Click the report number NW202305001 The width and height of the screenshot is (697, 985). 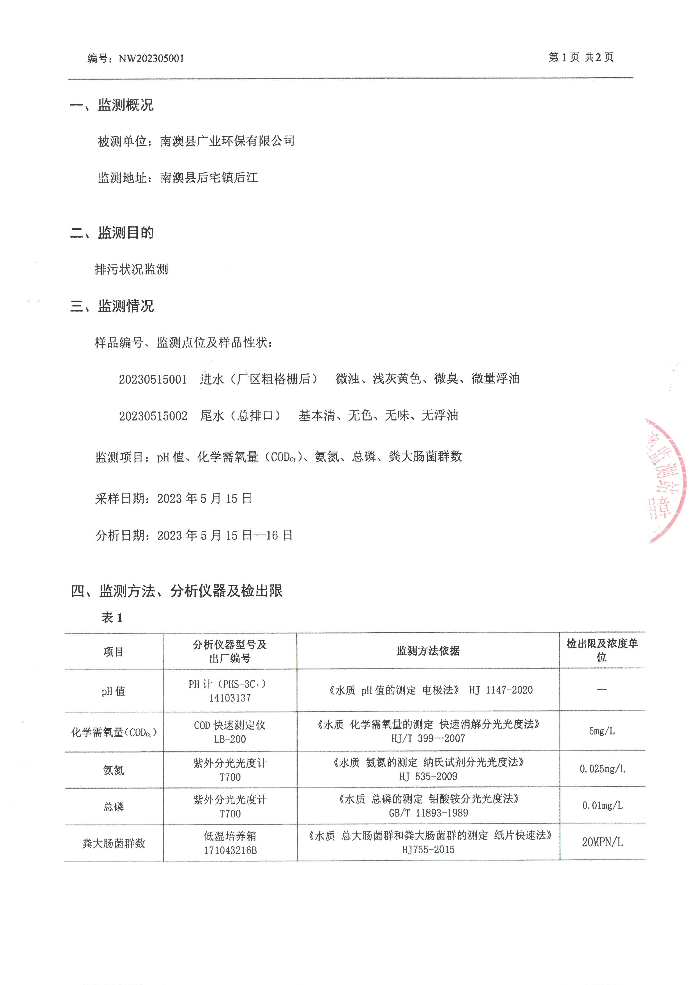(151, 59)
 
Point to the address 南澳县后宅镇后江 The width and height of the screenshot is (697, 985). (209, 178)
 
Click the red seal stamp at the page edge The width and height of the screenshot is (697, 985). (665, 481)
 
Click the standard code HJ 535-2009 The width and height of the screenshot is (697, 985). (428, 776)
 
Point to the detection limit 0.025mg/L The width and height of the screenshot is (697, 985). (602, 769)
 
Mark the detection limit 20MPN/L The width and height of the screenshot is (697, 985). (602, 842)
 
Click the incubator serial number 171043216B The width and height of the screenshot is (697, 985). (230, 850)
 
